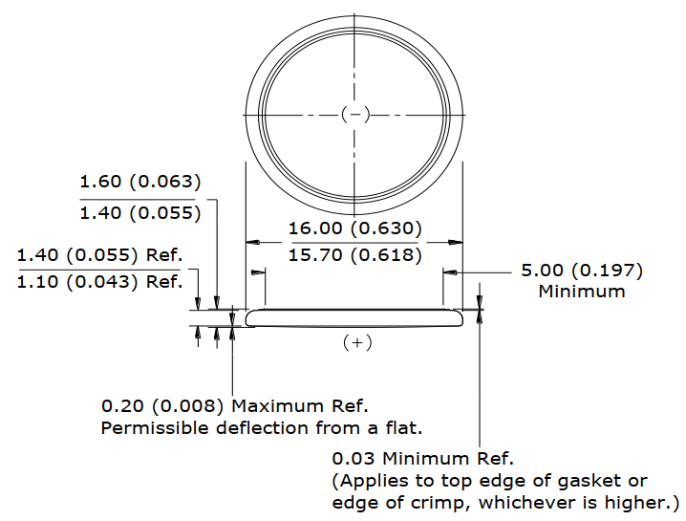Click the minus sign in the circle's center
[356, 115]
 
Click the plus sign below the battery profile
[357, 342]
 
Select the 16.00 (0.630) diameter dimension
[354, 228]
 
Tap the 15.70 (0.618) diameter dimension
[354, 255]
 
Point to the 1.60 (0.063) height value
[140, 182]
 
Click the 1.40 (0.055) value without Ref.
[140, 213]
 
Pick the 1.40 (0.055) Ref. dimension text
[99, 255]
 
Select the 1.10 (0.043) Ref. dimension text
[99, 281]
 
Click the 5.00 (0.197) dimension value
[582, 271]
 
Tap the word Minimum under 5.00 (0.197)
[582, 292]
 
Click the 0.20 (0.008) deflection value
[162, 406]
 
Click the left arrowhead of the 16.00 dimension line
[254, 242]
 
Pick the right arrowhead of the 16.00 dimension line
[456, 242]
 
